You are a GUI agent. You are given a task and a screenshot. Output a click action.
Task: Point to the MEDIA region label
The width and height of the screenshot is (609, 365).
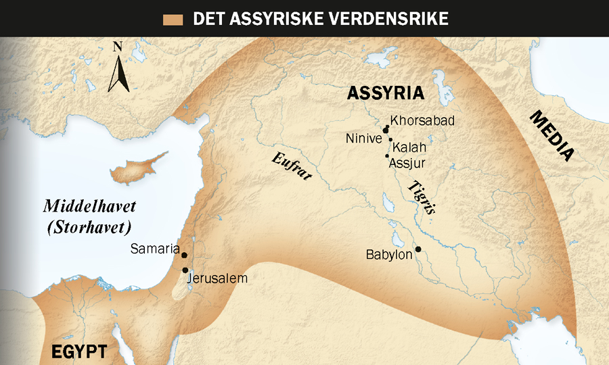pyautogui.click(x=551, y=137)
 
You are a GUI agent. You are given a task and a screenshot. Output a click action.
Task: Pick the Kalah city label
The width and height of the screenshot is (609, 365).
pyautogui.click(x=410, y=147)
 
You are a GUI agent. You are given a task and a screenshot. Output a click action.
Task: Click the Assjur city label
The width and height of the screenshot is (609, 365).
pyautogui.click(x=408, y=162)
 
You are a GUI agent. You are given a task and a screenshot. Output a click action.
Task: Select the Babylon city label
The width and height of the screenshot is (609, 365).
pyautogui.click(x=389, y=255)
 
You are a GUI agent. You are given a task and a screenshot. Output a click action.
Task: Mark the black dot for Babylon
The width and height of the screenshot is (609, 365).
pyautogui.click(x=418, y=249)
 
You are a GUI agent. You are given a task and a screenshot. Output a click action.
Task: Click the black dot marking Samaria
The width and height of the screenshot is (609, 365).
pyautogui.click(x=184, y=256)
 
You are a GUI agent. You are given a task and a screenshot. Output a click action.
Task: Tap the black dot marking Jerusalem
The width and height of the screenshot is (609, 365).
pyautogui.click(x=185, y=270)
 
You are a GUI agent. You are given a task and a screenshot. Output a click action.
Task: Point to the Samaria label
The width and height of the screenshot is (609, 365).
pyautogui.click(x=154, y=249)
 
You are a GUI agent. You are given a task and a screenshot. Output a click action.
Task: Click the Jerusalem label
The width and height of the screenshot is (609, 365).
pyautogui.click(x=218, y=278)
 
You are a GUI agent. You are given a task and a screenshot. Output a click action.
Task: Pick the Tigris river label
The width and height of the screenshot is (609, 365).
pyautogui.click(x=421, y=197)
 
